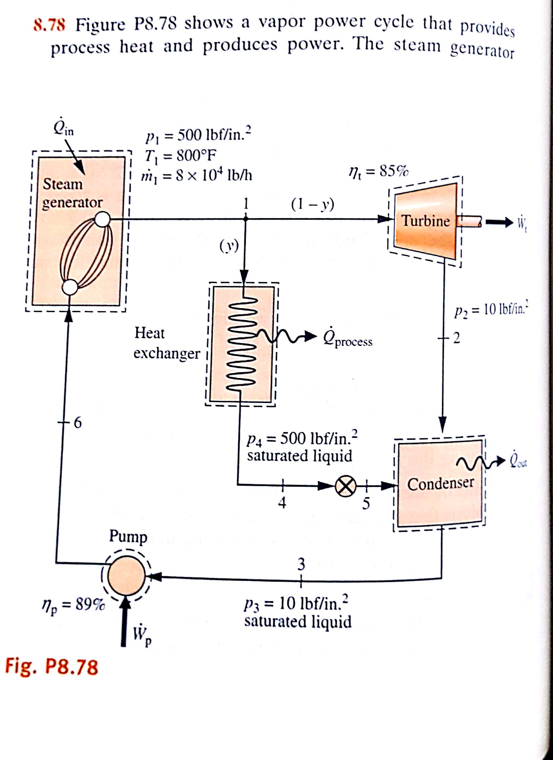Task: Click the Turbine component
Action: pos(425,221)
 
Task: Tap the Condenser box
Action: pos(440,483)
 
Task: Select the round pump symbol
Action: pos(126,576)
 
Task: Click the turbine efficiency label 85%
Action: pos(379,172)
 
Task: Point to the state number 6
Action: pos(77,422)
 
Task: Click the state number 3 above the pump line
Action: pos(301,564)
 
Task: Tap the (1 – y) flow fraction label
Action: pos(312,204)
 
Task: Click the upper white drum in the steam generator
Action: pos(102,219)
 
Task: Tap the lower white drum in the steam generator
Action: pos(70,287)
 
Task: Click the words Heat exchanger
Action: pos(167,342)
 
